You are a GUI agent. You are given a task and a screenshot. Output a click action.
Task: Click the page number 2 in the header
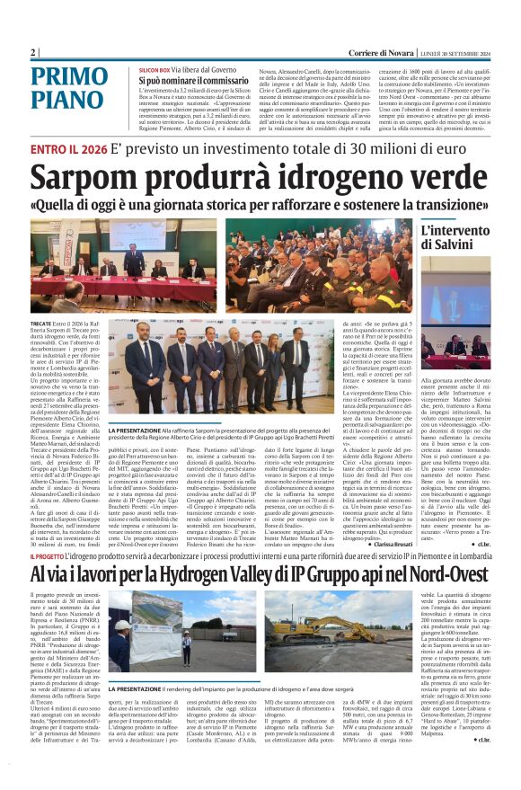[33, 53]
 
